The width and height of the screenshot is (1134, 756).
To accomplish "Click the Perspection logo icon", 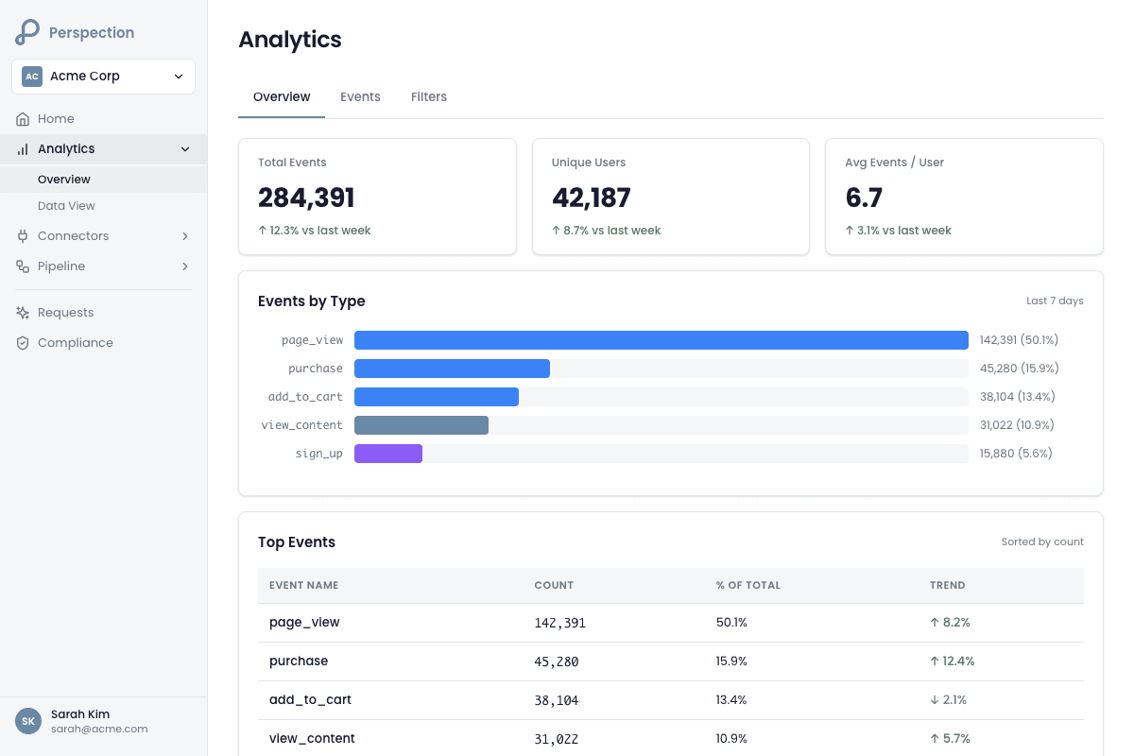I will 27,32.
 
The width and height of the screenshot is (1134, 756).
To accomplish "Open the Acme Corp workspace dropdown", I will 103,77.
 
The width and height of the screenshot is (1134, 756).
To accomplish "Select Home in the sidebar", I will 56,119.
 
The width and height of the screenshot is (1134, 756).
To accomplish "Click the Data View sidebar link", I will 66,206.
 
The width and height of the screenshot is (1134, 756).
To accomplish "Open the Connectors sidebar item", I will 74,236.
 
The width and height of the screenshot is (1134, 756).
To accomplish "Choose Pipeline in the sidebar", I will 61,266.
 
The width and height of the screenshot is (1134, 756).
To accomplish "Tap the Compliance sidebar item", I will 76,343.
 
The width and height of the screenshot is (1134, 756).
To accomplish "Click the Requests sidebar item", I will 66,313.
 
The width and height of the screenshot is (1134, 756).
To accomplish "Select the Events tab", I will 360,97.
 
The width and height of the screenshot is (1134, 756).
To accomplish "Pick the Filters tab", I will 429,97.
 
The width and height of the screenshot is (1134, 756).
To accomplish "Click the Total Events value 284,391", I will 306,198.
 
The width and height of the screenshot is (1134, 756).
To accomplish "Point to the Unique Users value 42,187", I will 591,198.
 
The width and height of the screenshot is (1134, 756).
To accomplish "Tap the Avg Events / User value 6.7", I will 864,198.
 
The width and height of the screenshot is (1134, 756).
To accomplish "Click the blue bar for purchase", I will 452,369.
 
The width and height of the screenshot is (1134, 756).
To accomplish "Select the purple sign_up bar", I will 388,454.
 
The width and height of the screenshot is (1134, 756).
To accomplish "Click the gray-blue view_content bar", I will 421,425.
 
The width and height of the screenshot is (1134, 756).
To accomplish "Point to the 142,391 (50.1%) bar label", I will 1019,340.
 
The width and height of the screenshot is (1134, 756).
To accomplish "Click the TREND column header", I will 947,586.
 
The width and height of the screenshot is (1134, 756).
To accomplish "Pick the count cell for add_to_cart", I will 557,700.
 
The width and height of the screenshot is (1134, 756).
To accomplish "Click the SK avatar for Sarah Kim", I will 28,721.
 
